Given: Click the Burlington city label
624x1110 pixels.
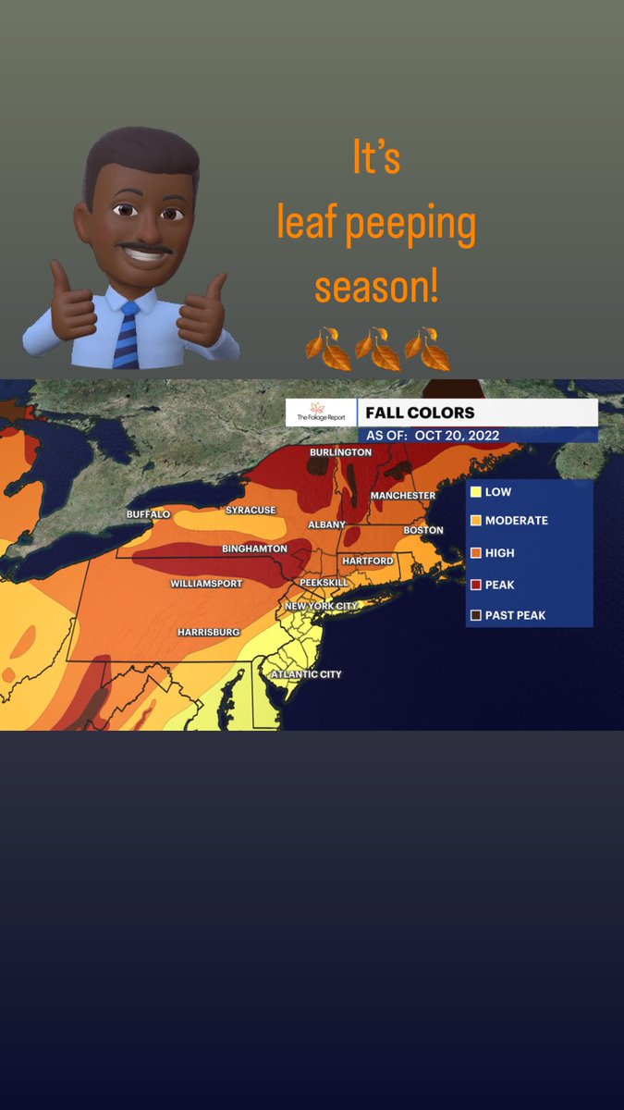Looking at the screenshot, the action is (x=340, y=452).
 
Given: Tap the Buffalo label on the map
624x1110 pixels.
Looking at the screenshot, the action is (x=148, y=513).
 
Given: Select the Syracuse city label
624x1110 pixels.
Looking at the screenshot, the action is (x=251, y=510).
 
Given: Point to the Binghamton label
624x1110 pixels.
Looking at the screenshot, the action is (x=254, y=549).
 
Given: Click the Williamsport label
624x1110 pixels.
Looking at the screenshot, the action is (x=206, y=584).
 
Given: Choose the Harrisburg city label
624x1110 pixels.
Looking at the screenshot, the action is (x=208, y=632).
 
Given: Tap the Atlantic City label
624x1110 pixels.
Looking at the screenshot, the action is (x=305, y=674).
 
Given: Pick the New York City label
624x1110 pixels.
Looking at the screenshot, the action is (x=320, y=606).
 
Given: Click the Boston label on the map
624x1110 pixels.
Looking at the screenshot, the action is (x=423, y=530).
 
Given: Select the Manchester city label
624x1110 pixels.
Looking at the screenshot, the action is (x=402, y=496).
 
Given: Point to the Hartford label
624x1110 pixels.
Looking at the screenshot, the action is (x=367, y=561).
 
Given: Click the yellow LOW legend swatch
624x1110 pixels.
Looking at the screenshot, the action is (x=475, y=492).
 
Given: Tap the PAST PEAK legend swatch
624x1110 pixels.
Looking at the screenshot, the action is (x=475, y=614).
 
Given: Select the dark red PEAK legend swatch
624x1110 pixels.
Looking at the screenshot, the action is (x=475, y=585).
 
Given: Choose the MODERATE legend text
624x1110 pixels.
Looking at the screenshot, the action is (x=516, y=521).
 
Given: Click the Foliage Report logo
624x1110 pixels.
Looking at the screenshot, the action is (x=320, y=413).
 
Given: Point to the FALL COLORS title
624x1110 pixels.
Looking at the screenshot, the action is (x=420, y=413).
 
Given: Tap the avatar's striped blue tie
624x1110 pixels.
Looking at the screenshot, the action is (x=126, y=334).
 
